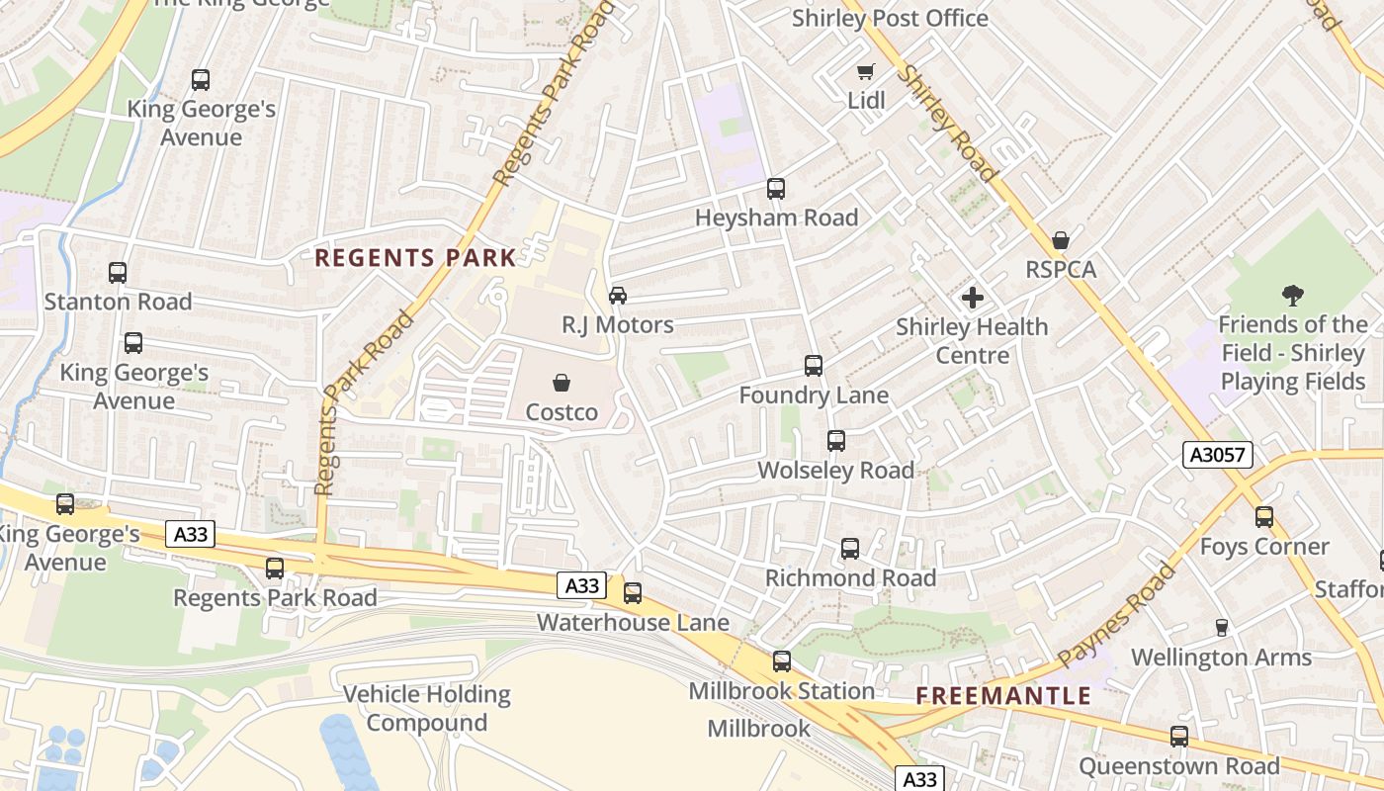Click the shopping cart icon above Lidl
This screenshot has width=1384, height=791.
tap(865, 72)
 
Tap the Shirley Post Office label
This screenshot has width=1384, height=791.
tap(890, 19)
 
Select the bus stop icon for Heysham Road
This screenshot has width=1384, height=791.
tap(776, 189)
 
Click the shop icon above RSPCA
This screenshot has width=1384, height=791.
tap(1061, 240)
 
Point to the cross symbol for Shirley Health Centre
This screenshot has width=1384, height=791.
tap(973, 298)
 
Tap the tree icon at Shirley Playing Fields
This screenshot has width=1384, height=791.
tap(1292, 295)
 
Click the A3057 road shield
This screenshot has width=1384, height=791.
tap(1218, 455)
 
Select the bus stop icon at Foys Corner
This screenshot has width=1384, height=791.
tap(1264, 517)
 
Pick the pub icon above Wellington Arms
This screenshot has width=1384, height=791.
tap(1222, 628)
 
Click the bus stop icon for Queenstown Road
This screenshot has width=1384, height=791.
tap(1179, 737)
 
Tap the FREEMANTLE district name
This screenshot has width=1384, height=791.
tap(1003, 696)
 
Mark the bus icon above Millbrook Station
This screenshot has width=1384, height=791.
tap(782, 661)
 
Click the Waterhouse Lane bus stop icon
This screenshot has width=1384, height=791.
tap(633, 593)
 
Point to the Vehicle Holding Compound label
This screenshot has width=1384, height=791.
tap(427, 708)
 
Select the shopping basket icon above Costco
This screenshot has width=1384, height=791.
tap(562, 383)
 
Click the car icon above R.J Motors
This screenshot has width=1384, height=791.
tap(618, 296)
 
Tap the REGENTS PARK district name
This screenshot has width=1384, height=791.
tap(415, 259)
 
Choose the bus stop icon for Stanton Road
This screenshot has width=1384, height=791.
tap(118, 273)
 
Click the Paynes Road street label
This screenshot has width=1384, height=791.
tap(1117, 614)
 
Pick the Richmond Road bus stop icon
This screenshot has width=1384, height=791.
tap(850, 549)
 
